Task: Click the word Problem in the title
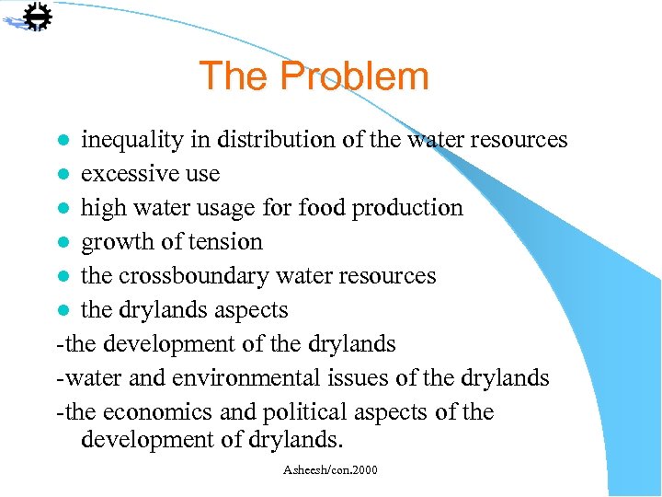click(x=356, y=76)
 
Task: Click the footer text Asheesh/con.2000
click(x=331, y=470)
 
